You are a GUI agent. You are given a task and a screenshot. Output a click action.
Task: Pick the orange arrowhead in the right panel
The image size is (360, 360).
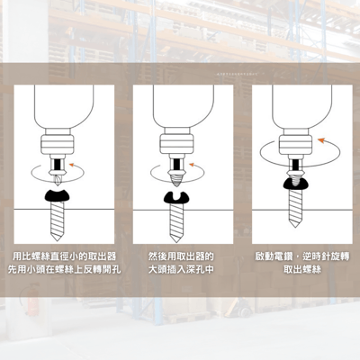[324, 139]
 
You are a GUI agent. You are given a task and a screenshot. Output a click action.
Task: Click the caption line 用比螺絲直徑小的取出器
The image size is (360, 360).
[64, 256]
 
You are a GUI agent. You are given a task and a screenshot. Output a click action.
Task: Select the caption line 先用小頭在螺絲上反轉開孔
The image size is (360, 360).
[64, 268]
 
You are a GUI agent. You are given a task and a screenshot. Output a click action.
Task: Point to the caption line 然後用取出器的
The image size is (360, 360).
[179, 256]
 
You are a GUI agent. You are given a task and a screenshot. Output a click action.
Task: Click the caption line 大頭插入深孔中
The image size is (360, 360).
[179, 268]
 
